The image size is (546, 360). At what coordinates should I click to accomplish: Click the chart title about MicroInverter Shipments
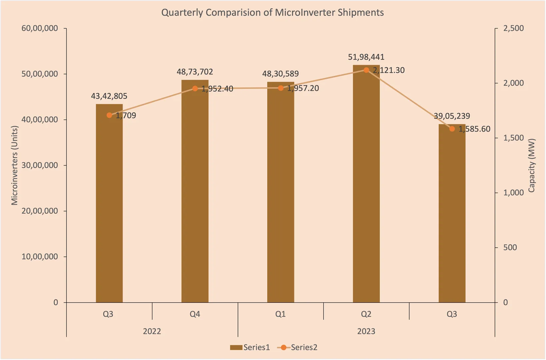[272, 13]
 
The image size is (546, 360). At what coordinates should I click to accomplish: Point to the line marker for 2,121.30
[366, 70]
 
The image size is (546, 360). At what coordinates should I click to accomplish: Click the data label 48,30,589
[280, 74]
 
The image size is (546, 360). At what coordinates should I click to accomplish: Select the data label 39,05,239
[452, 116]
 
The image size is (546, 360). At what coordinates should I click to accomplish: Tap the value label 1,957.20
[303, 88]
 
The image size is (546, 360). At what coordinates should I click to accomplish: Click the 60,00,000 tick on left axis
[40, 28]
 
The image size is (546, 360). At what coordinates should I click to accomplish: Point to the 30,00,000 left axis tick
[40, 165]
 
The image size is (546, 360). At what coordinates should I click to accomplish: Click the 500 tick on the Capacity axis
[510, 248]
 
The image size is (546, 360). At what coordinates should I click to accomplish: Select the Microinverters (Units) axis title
[14, 165]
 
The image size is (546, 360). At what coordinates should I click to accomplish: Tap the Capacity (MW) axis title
[531, 165]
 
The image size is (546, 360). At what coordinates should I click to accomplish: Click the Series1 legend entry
[250, 347]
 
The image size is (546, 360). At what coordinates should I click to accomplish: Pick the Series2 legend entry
[297, 347]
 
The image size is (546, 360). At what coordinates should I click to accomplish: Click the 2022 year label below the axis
[152, 331]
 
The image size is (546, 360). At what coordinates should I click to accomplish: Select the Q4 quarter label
[195, 314]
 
